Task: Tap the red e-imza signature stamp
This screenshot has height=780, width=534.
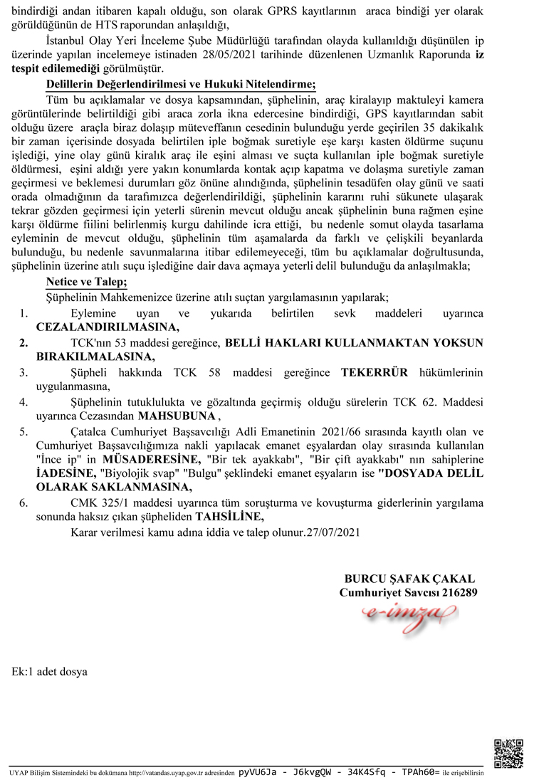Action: (x=408, y=611)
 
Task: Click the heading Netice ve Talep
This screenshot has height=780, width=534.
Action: (x=87, y=280)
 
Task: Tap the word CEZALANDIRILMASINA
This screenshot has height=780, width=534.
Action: (x=108, y=327)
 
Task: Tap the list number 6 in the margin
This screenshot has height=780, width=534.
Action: (x=23, y=503)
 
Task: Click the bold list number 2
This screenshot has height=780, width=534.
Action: (x=23, y=342)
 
